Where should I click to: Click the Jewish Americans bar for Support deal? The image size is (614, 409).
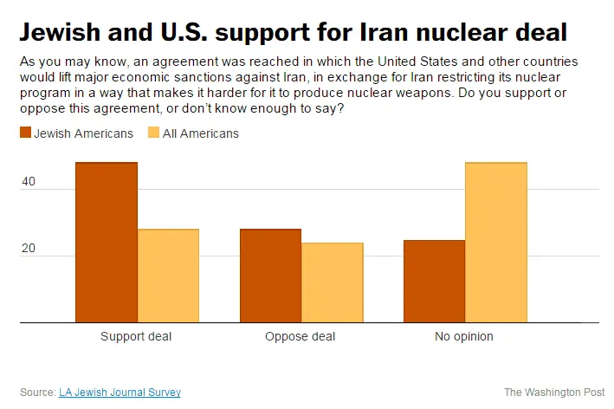106,243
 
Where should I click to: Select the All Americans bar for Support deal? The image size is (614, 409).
168,276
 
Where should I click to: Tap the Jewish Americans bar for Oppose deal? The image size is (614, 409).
270,276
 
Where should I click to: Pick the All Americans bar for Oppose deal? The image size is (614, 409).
333,282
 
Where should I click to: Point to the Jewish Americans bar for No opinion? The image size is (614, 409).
434,282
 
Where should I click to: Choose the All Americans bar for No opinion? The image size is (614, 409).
496,243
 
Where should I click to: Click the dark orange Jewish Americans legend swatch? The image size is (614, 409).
25,133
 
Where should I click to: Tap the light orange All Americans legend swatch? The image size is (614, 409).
154,133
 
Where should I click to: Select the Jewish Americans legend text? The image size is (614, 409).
83,133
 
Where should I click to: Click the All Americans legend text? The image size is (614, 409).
201,133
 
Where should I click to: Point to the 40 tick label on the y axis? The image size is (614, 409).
29,182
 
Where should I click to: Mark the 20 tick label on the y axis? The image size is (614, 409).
29,249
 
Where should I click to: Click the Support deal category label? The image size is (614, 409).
136,336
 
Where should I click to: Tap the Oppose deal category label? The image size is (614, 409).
301,336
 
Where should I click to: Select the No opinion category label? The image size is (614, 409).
464,336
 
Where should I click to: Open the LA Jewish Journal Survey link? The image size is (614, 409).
120,393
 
